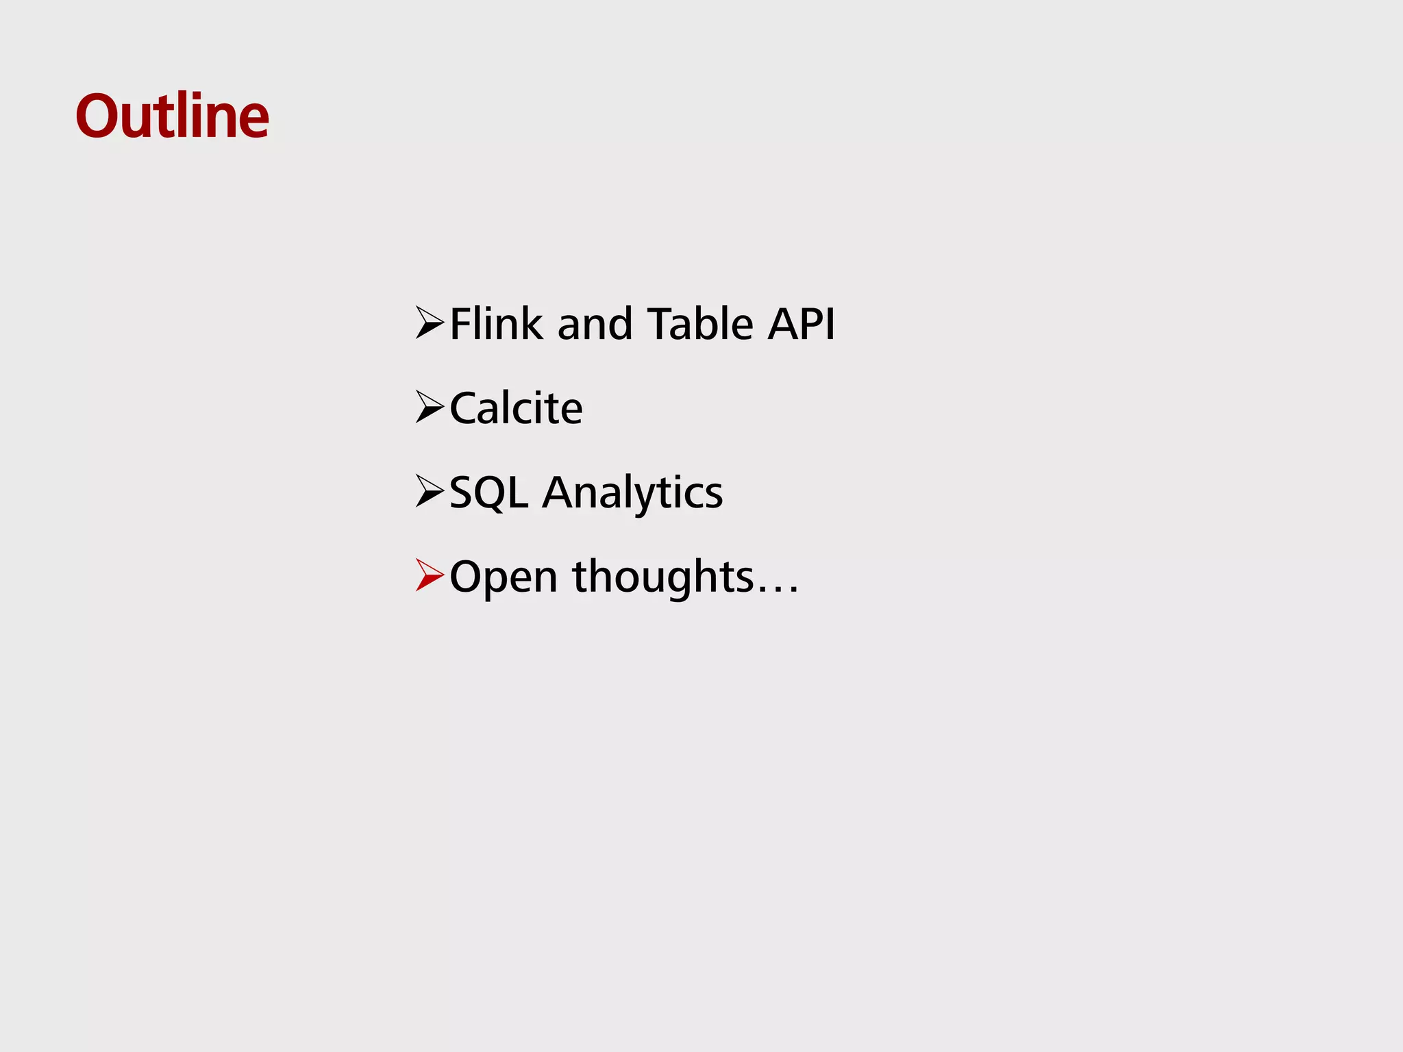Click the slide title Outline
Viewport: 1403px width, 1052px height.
(172, 116)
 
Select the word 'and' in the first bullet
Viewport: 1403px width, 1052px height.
(595, 325)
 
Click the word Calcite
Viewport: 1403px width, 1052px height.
(516, 408)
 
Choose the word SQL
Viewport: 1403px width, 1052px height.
(488, 492)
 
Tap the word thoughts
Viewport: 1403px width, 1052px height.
(663, 577)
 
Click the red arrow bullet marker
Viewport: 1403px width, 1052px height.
(430, 575)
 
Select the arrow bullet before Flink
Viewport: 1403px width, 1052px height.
(430, 323)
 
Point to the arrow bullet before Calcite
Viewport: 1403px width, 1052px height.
(430, 407)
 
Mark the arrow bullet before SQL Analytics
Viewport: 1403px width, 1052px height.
(430, 491)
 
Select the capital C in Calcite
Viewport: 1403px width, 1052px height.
(464, 408)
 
